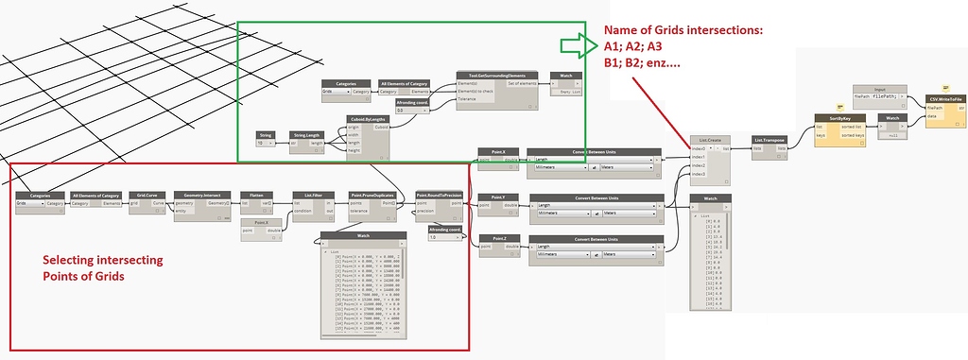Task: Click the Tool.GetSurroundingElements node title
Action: tap(503, 76)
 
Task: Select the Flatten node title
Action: tap(256, 194)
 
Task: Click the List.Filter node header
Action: tap(314, 194)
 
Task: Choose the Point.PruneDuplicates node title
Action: tap(372, 194)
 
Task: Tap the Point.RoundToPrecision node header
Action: tap(440, 194)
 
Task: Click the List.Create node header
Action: tap(710, 139)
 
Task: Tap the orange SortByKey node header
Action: tap(840, 118)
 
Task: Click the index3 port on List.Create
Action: tap(699, 174)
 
